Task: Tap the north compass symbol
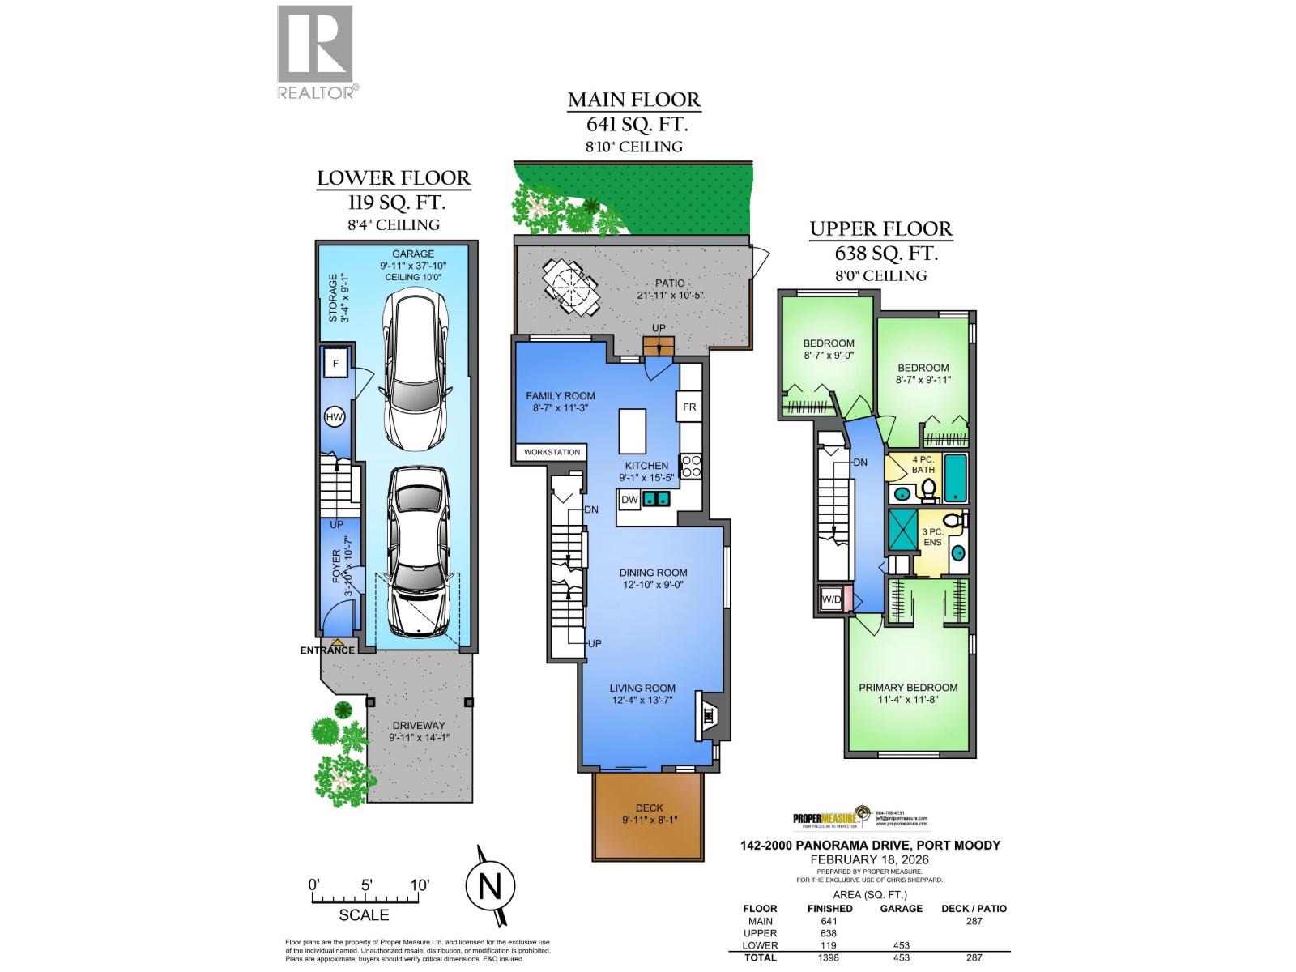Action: click(490, 888)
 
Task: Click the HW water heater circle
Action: click(334, 418)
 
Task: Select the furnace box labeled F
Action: click(335, 364)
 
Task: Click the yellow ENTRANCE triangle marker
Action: click(336, 642)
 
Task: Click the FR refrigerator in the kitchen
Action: click(689, 407)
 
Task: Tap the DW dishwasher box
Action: click(629, 500)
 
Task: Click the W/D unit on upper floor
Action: click(832, 599)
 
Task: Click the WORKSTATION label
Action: click(552, 452)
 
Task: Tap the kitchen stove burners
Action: click(691, 466)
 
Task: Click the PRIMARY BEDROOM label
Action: click(908, 688)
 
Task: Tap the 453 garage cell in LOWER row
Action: click(901, 945)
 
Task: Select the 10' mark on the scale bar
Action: click(419, 885)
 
